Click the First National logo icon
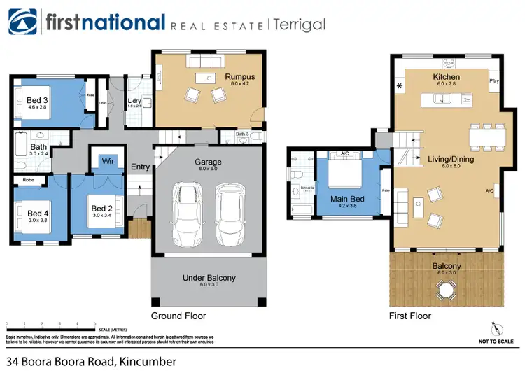coord(22,23)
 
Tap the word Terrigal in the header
coord(299,24)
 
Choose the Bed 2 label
coord(101,209)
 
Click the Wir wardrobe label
coord(108,161)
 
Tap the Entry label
coord(140,167)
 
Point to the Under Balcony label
coord(209,278)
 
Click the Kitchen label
coord(446,77)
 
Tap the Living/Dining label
coord(446,160)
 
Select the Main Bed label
coord(347,199)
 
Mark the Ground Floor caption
coord(178,316)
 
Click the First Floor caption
coord(410,316)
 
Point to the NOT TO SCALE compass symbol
coord(498,328)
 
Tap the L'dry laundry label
coord(134,100)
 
